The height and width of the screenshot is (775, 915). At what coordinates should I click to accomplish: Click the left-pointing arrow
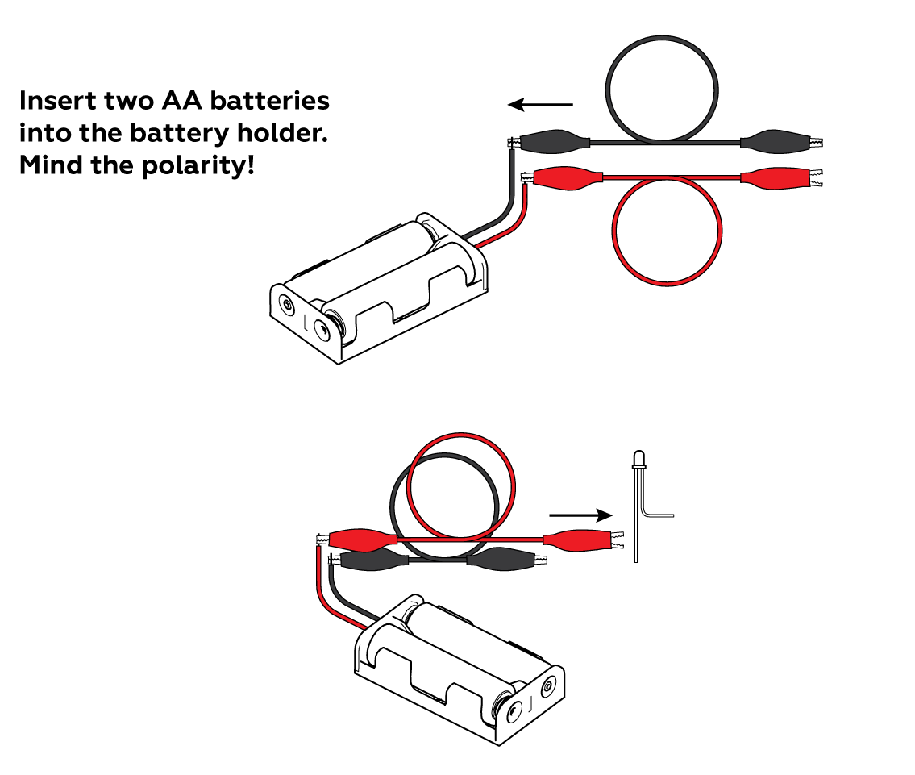(539, 104)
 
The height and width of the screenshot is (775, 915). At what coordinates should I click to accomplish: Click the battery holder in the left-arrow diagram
(379, 290)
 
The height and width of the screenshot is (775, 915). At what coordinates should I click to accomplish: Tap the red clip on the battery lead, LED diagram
(359, 538)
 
